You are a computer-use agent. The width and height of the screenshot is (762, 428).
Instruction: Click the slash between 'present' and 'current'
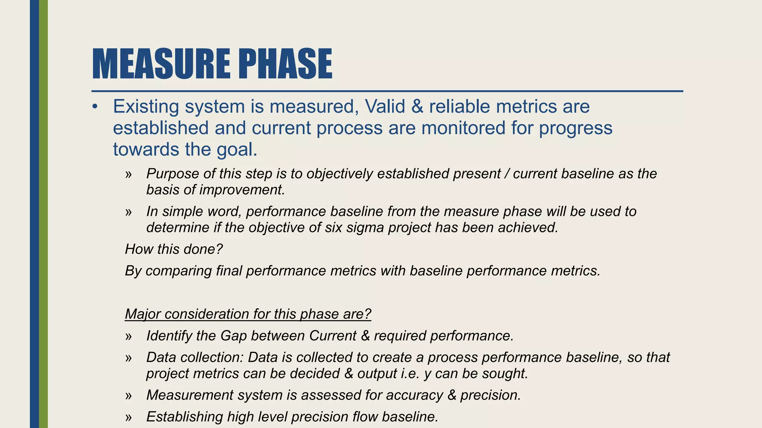507,174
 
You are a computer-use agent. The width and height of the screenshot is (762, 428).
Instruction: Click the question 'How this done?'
174,249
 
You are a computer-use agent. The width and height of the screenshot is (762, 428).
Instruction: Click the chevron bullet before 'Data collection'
129,358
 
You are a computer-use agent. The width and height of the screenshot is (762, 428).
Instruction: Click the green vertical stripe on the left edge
44,214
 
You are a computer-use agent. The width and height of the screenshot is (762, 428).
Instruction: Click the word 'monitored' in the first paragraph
463,128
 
